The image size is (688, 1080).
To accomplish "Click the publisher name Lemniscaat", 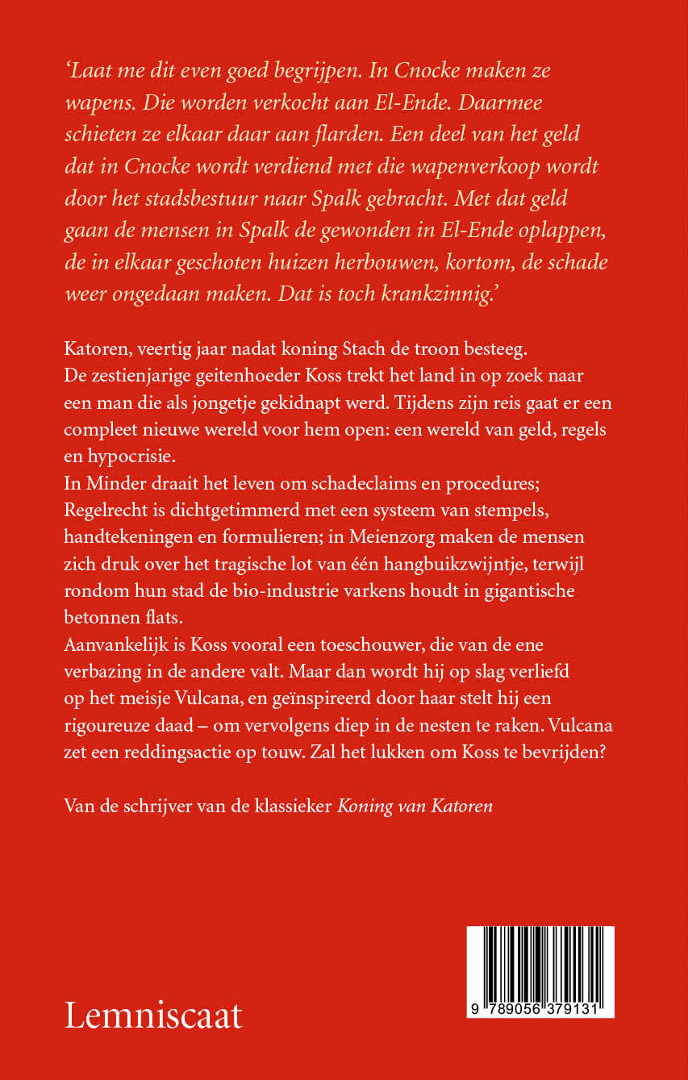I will coord(153,1015).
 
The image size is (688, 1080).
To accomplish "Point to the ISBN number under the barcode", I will coord(540,1011).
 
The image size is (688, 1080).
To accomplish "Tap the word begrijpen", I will coord(306,70).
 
